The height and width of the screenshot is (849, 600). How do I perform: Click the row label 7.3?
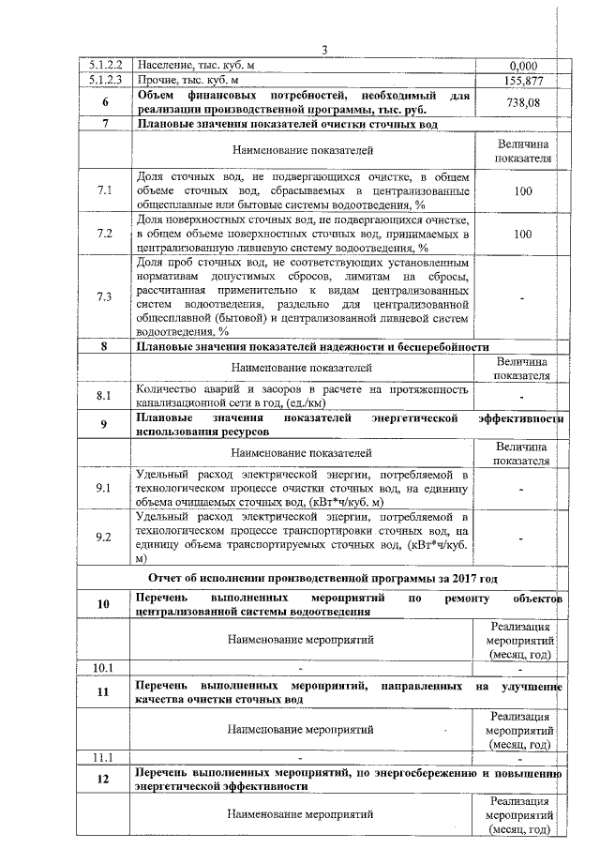click(105, 297)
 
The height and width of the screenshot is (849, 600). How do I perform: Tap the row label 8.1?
click(105, 396)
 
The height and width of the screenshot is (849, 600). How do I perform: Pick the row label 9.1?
click(105, 489)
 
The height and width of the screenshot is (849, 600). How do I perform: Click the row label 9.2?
click(105, 538)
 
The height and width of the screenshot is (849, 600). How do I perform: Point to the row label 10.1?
click(105, 668)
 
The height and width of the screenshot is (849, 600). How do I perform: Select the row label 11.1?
click(105, 756)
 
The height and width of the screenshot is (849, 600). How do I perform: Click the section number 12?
click(105, 781)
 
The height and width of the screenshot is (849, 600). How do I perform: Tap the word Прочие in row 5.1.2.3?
click(158, 82)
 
